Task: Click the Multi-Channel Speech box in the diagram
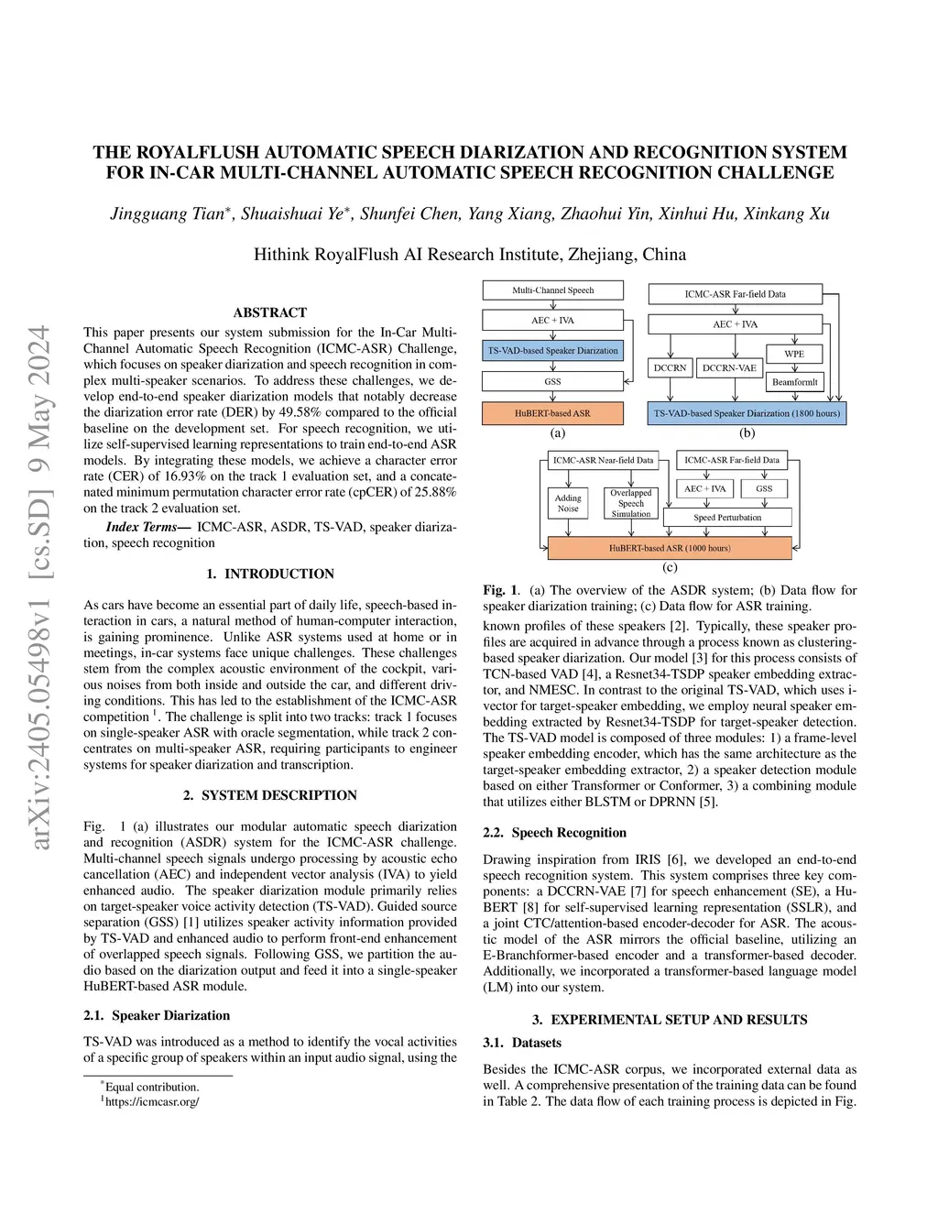tap(552, 290)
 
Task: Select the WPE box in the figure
tap(794, 354)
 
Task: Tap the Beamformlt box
tap(794, 382)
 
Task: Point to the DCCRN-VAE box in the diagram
tap(729, 368)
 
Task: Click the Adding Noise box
tap(568, 504)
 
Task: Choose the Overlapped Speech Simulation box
tap(631, 503)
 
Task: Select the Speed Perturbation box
tap(727, 518)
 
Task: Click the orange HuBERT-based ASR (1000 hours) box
tap(670, 548)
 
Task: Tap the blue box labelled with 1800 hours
tap(747, 413)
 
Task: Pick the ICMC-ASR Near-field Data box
tap(603, 460)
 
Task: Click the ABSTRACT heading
tap(270, 312)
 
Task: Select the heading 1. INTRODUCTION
tap(270, 574)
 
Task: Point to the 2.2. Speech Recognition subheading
tap(555, 833)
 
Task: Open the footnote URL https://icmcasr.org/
tap(152, 1101)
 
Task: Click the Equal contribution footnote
tap(152, 1088)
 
